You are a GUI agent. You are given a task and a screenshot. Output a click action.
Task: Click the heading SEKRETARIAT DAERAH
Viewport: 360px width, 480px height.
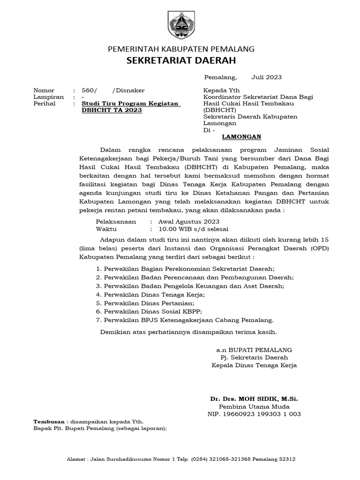pos(181,60)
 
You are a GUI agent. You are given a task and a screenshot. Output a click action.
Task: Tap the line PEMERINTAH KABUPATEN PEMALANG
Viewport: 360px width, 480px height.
pos(181,49)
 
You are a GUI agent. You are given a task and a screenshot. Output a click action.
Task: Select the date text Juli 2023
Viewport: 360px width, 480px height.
pos(266,77)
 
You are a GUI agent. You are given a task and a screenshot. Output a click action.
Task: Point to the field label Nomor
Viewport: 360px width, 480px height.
pos(44,90)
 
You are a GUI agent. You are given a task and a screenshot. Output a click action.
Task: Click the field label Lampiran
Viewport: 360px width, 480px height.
pos(48,97)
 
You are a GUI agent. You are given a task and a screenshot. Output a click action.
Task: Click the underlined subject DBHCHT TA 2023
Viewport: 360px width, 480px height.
pos(111,110)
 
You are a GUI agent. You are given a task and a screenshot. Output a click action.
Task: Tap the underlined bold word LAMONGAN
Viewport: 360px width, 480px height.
pos(241,137)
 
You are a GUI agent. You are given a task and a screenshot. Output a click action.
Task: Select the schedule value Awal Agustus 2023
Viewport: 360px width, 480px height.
pos(189,222)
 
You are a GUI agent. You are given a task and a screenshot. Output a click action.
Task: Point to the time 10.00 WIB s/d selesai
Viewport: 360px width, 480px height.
pos(193,229)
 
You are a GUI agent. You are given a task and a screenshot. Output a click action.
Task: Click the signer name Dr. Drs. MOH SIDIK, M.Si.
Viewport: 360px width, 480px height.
pos(254,398)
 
